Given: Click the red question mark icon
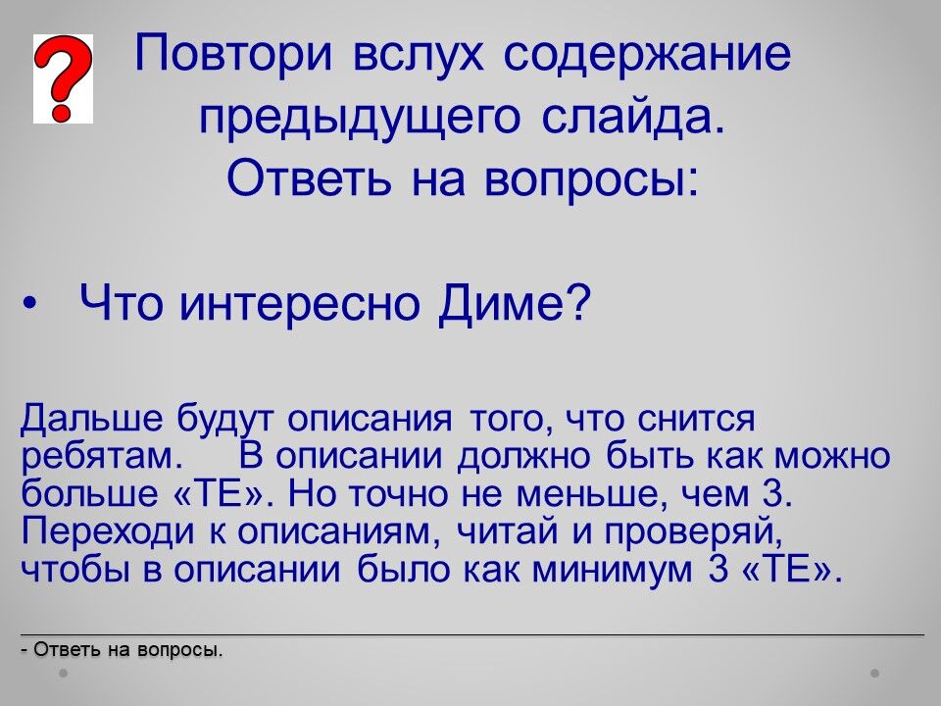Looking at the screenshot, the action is click(63, 78).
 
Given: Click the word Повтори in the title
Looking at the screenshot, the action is click(233, 53).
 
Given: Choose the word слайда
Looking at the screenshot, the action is click(632, 117).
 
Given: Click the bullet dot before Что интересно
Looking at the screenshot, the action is click(28, 303).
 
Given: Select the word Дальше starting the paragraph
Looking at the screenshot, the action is click(92, 418).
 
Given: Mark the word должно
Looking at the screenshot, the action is click(524, 458).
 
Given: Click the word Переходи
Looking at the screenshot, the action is click(108, 531).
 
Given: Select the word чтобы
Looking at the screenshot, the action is click(75, 569).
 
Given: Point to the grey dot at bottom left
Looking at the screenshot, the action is click(63, 673).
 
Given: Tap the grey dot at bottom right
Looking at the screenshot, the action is click(875, 673).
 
